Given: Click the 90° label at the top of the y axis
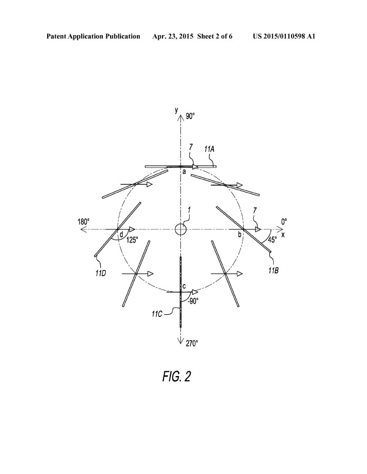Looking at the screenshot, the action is tap(190, 116).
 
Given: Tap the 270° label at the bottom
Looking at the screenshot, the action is tap(192, 344).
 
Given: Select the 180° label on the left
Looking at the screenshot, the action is tap(83, 222).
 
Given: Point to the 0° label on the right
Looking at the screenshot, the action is tap(284, 222).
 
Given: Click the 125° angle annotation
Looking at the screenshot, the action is tap(132, 240).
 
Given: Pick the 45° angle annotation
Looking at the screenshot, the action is tap(272, 240).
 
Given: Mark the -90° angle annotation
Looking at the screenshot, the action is tap(193, 301).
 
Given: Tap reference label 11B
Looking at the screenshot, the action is tap(273, 270).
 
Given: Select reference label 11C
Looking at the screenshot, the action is tap(157, 314).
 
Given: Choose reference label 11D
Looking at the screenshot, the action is tap(100, 273).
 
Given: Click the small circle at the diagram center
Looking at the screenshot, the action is tap(181, 229).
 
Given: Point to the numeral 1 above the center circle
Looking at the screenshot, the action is tap(189, 209).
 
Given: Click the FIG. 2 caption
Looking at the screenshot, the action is tap(177, 377).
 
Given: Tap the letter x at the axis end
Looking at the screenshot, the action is tap(283, 235).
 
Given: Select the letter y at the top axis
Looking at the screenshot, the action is tap(176, 110).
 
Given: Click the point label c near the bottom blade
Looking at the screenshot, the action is tap(184, 286).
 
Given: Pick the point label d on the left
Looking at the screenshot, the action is tap(121, 234).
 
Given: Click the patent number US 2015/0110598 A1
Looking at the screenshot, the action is tap(284, 37).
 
